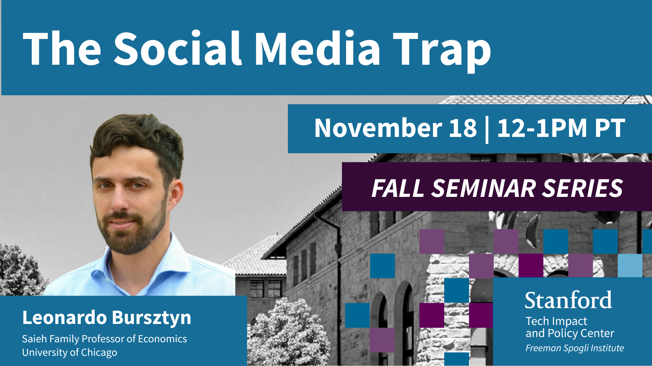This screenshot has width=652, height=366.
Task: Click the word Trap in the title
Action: (441, 50)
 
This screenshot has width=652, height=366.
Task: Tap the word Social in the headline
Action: (178, 48)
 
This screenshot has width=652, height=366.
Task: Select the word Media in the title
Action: (318, 48)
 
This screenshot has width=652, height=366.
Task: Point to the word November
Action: (378, 128)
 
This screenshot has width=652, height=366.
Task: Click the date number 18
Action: (463, 128)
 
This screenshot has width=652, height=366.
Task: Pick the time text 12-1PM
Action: (542, 128)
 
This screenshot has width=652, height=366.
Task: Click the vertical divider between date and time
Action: (487, 130)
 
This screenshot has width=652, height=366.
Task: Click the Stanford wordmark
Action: (568, 300)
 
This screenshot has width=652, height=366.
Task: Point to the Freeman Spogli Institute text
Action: (575, 348)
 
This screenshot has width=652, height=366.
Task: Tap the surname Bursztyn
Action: (151, 318)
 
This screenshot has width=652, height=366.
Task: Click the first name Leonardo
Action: (65, 318)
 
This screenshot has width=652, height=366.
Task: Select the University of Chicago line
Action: (70, 352)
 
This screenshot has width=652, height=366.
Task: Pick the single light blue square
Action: (630, 266)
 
